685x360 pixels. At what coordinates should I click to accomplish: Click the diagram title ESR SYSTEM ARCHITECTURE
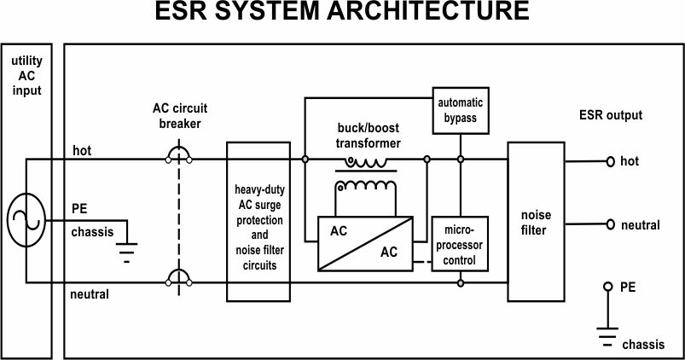pos(342,10)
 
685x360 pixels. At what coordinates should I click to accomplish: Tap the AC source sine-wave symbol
pos(26,220)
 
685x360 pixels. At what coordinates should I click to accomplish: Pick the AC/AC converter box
pos(365,244)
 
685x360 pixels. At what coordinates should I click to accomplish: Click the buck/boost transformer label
pos(369,136)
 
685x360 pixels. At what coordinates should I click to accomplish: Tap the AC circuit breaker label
pos(180,116)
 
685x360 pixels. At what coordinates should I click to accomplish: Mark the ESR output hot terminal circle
pos(610,161)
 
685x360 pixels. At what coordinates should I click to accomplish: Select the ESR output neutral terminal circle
pos(610,224)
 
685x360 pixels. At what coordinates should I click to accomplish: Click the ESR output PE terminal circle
pos(607,287)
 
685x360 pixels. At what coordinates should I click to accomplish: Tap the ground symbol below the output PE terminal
pos(607,336)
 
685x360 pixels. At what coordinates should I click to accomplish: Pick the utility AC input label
pos(26,76)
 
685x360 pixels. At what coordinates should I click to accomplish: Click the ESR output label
pos(611,115)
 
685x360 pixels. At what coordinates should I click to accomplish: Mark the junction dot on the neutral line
pos(461,283)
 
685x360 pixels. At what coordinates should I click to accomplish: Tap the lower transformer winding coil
pos(366,186)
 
